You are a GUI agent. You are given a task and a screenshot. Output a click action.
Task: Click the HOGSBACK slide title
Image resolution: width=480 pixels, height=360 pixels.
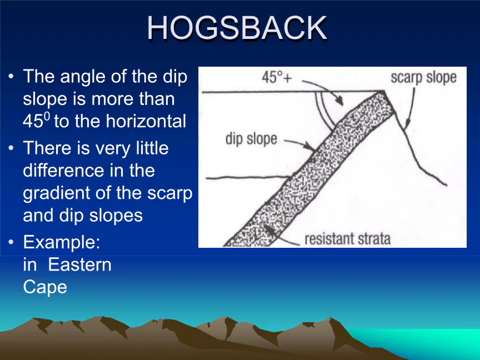(237, 28)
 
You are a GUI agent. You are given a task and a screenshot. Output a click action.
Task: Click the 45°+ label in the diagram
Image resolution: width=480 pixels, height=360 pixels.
(277, 77)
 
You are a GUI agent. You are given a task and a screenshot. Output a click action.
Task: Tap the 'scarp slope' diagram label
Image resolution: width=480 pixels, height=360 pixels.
(423, 78)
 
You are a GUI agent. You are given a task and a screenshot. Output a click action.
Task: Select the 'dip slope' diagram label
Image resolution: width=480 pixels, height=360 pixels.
(251, 139)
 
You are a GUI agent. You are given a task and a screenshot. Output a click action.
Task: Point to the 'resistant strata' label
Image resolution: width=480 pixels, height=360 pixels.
(348, 239)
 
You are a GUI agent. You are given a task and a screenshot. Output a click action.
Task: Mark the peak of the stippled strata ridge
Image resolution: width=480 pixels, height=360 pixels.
(383, 91)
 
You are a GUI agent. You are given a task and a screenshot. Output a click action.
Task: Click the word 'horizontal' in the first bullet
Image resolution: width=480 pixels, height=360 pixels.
(146, 121)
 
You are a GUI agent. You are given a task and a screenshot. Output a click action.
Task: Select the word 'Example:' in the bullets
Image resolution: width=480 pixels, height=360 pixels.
(62, 242)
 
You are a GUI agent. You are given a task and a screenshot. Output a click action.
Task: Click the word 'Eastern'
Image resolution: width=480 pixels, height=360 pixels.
(79, 264)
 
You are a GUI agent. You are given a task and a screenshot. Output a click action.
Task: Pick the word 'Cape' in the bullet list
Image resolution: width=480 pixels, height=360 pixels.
(45, 287)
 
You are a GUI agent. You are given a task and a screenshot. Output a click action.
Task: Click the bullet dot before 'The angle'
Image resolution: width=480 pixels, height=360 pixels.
(11, 76)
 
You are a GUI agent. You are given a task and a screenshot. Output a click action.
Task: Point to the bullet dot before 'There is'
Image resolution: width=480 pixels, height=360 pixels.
(11, 148)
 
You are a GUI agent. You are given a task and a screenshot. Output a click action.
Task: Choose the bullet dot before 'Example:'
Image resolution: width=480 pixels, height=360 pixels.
(11, 242)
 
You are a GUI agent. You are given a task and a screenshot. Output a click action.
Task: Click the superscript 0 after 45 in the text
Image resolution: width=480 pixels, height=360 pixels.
(47, 116)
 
